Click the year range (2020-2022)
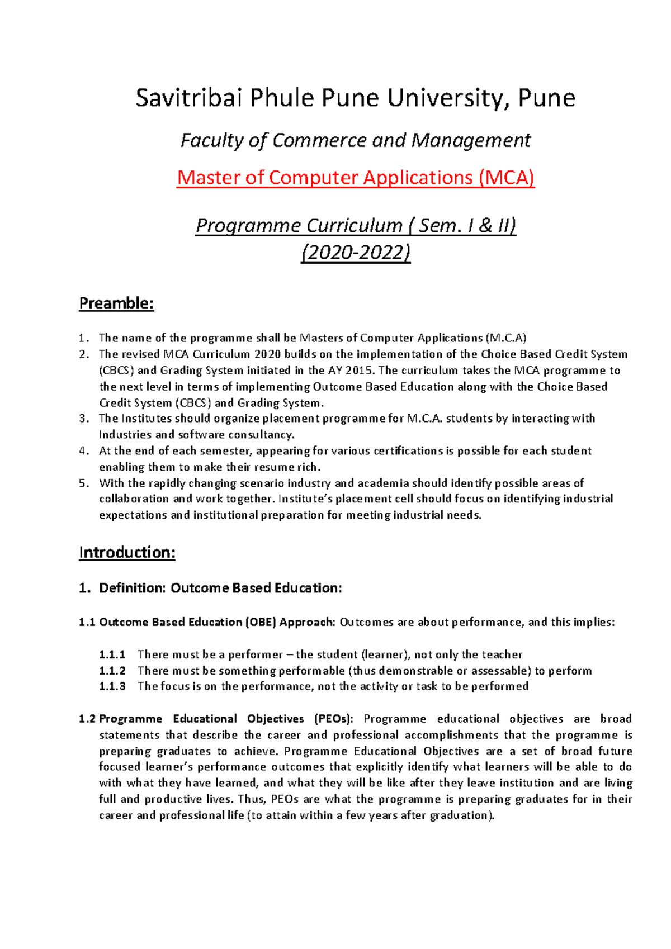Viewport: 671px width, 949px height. (x=356, y=253)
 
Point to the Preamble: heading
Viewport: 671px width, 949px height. (x=116, y=303)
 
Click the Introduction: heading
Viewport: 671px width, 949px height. (x=127, y=553)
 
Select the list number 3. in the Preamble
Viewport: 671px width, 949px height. (x=84, y=419)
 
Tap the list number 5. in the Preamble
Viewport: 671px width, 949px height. (x=84, y=483)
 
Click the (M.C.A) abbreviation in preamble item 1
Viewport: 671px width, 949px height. (x=506, y=338)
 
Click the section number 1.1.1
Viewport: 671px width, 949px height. (x=112, y=654)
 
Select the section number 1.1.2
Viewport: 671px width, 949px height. (x=112, y=671)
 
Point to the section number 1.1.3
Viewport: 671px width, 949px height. (x=112, y=686)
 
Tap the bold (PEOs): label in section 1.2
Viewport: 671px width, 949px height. (x=333, y=719)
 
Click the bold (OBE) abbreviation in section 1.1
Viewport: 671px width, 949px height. (x=261, y=623)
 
